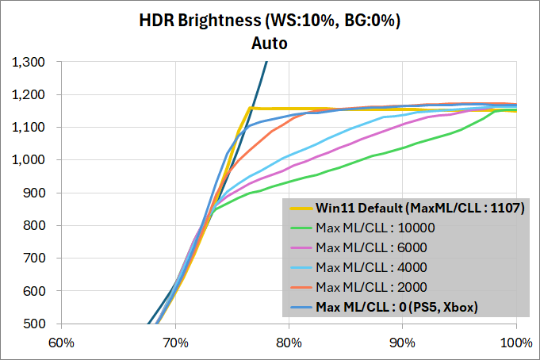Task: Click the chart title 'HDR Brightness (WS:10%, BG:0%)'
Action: (x=270, y=21)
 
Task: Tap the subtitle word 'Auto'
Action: (x=270, y=42)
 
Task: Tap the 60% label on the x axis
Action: (x=61, y=343)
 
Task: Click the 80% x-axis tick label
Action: (x=289, y=343)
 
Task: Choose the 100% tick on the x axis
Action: (x=516, y=343)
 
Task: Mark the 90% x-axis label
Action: (x=403, y=343)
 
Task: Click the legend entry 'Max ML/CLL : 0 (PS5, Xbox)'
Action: (x=397, y=305)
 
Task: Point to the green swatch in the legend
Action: (x=301, y=228)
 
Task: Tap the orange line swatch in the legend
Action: (x=301, y=285)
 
